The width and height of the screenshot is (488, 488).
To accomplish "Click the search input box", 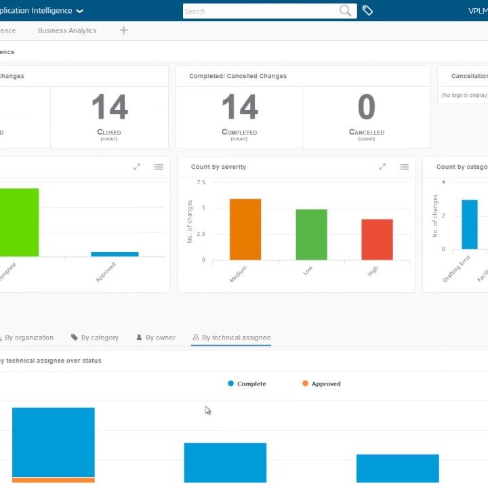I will pos(261,11).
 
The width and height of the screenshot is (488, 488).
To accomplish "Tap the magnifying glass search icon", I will pos(346,11).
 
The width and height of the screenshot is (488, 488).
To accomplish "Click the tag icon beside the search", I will pos(367,11).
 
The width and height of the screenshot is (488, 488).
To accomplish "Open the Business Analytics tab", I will pos(67,30).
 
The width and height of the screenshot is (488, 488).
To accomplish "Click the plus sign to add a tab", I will pos(123,30).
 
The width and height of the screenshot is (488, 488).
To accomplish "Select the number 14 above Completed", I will pos(239,108).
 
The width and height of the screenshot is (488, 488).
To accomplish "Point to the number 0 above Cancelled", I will pos(366,108).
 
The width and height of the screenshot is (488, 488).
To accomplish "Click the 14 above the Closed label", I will pos(109,108).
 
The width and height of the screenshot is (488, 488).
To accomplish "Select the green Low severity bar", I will pos(311,235).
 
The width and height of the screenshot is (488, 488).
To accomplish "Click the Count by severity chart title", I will pos(218,167).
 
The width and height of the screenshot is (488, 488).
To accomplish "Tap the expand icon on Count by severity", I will pos(382,167).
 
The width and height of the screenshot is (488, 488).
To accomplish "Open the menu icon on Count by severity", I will pos(404,167).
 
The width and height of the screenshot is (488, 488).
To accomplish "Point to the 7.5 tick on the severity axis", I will pos(201,182).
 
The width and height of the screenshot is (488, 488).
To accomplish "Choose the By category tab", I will pos(95,338).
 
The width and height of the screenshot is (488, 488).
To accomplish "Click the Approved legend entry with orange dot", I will pos(321,384).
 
